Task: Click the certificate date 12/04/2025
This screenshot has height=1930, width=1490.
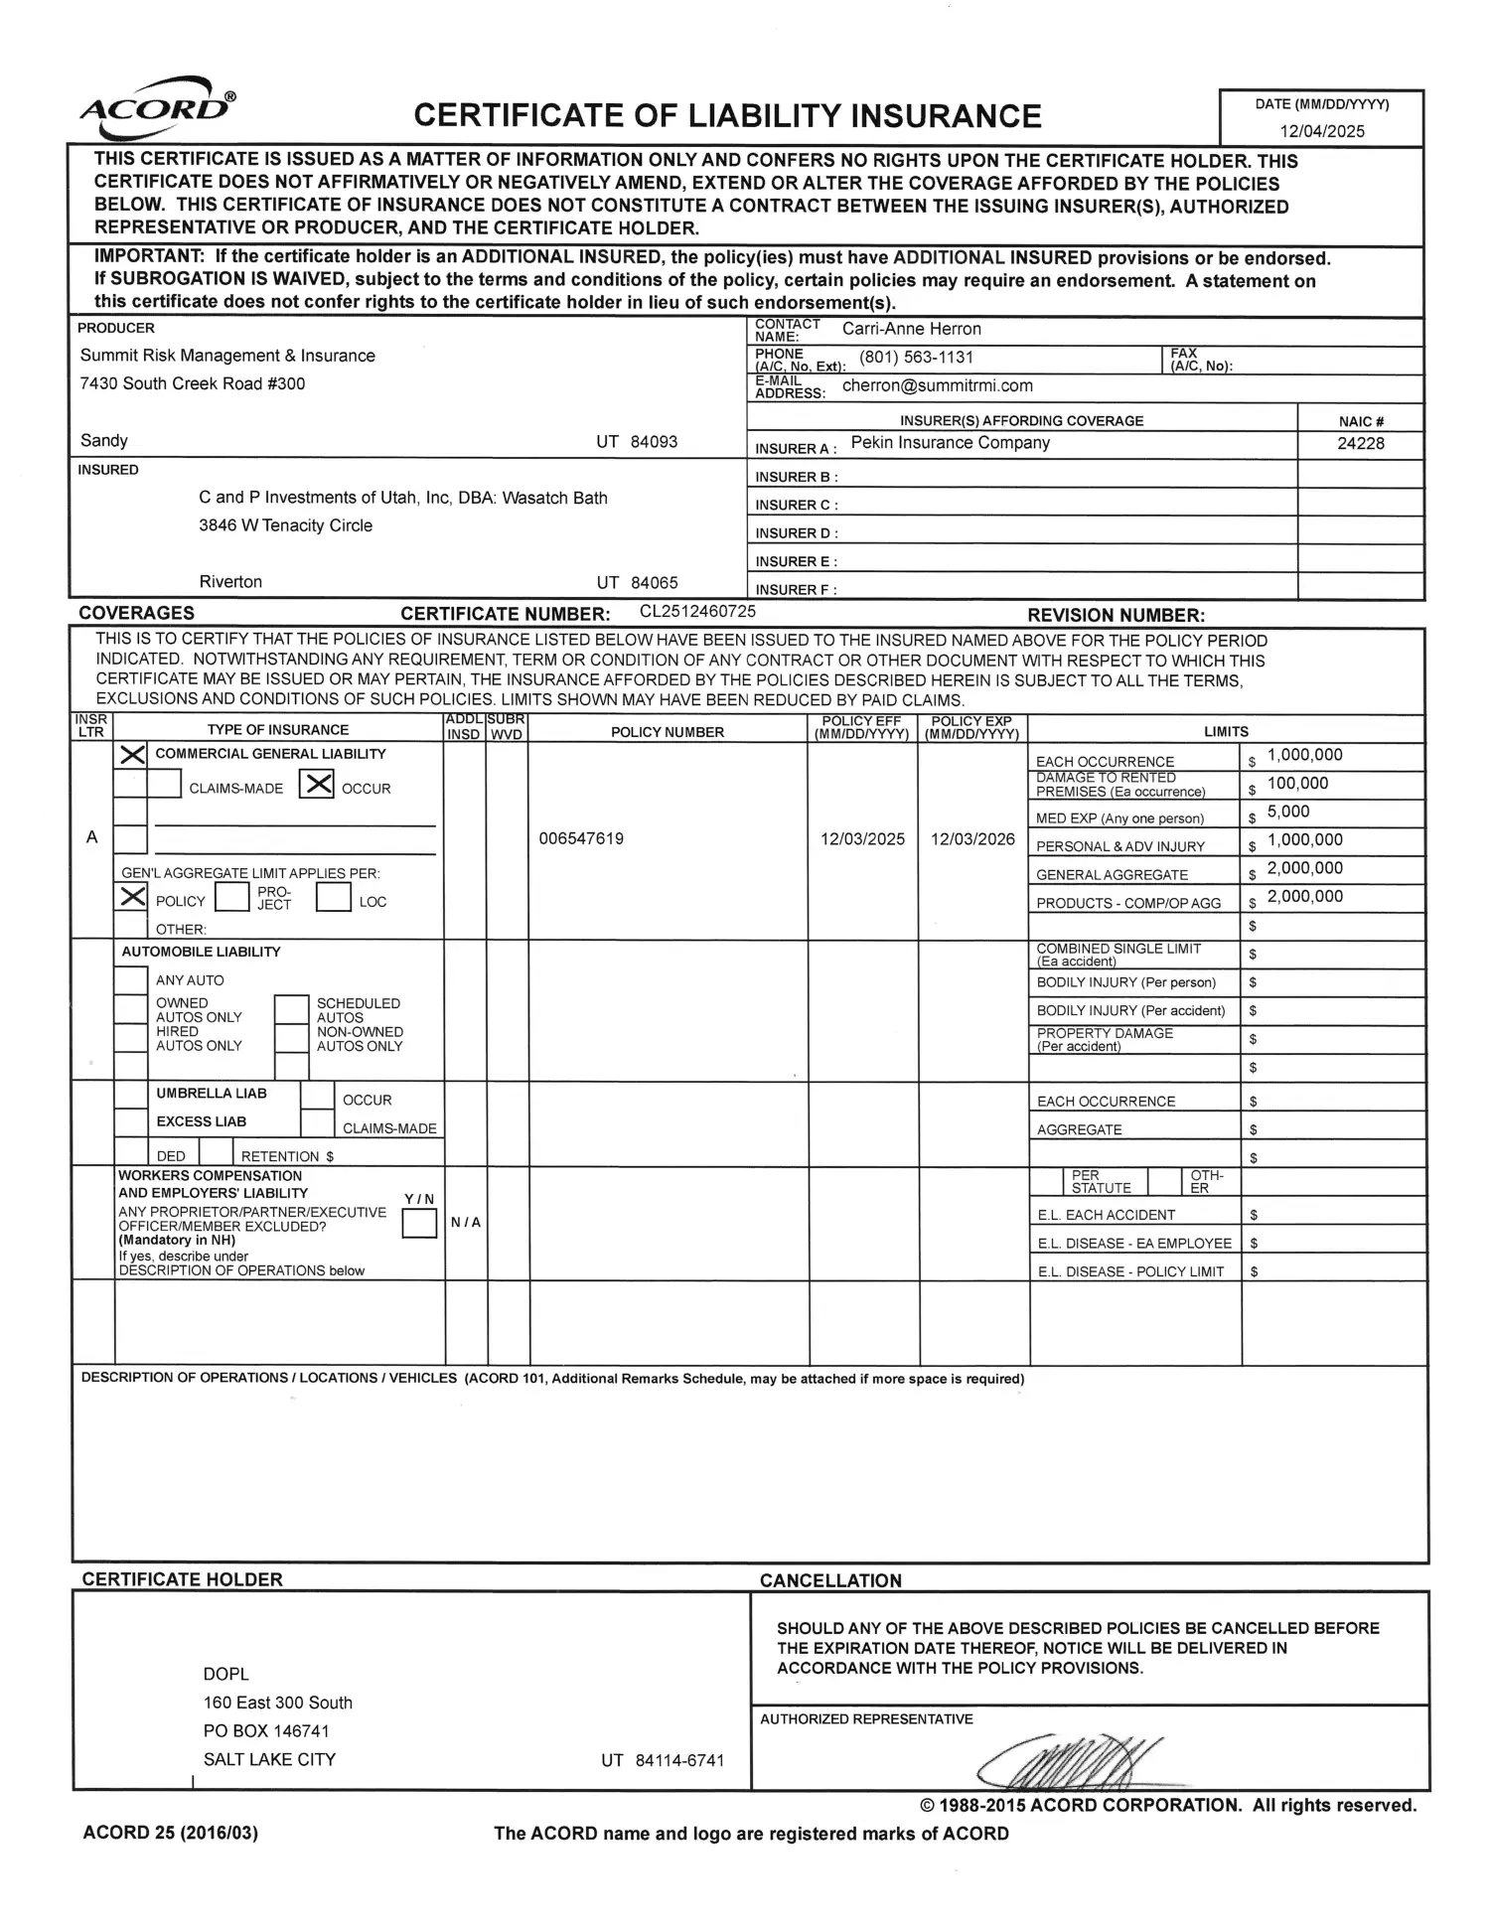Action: pos(1321,131)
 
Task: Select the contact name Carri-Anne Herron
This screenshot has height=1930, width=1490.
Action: pos(911,329)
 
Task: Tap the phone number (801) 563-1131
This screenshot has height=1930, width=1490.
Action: pos(916,358)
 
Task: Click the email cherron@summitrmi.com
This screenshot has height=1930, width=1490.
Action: pos(937,385)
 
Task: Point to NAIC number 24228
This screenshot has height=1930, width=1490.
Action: pos(1360,444)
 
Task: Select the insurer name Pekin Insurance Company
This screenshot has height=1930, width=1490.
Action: pos(950,443)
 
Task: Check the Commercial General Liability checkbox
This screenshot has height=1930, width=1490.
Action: pos(132,755)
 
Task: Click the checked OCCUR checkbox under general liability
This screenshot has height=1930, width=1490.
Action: pos(316,785)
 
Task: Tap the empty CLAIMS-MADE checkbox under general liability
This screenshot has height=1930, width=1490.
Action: pos(164,785)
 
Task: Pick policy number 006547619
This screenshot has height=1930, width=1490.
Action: pos(581,838)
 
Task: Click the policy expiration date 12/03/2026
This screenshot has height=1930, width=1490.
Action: pos(972,839)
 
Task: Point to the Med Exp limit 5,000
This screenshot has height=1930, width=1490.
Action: pos(1288,812)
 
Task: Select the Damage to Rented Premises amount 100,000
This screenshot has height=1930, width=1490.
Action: pos(1297,784)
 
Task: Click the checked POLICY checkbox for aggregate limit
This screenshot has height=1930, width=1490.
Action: pos(132,898)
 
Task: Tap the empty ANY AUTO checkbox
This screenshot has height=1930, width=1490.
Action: pos(131,980)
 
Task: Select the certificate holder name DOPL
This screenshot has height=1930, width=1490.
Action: pos(226,1674)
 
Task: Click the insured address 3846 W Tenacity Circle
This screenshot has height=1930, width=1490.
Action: pos(285,525)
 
